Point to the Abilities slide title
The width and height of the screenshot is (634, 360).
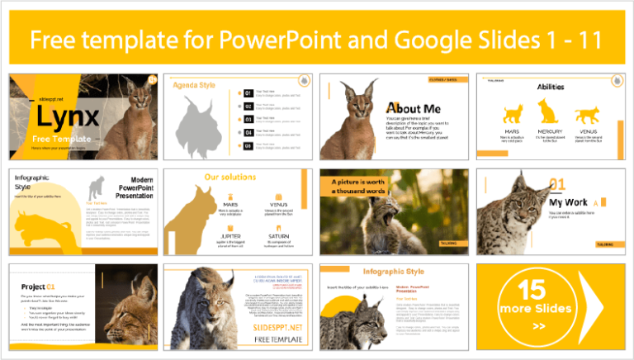click(x=551, y=87)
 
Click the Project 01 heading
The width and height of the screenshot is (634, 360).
click(x=38, y=286)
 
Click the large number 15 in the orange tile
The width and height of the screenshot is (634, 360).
click(x=534, y=289)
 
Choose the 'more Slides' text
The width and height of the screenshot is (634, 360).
click(x=535, y=309)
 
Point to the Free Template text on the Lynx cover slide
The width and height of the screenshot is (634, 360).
click(x=54, y=138)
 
